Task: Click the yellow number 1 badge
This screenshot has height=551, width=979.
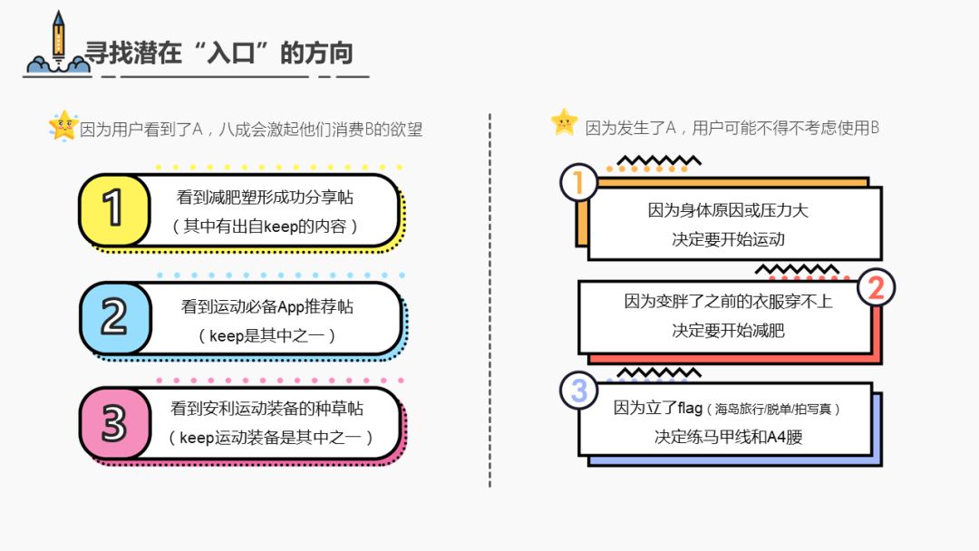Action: [113, 210]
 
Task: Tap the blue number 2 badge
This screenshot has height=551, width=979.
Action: [113, 318]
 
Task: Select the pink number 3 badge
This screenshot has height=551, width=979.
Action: [113, 424]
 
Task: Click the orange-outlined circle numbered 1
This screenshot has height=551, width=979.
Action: [578, 184]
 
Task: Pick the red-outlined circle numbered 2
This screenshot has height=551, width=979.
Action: [876, 287]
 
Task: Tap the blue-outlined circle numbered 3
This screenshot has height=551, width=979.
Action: [578, 392]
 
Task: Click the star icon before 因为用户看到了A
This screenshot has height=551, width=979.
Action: [63, 126]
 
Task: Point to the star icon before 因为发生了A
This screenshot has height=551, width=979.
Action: [564, 122]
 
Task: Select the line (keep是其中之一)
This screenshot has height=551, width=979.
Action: [267, 335]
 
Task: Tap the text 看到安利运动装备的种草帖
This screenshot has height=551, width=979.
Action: [267, 409]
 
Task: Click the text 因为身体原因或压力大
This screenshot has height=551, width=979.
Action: [728, 210]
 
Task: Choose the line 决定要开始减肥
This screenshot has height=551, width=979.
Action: [728, 330]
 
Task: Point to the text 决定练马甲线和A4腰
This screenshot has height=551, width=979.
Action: [728, 437]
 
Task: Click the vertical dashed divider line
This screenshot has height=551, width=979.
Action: [489, 299]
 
